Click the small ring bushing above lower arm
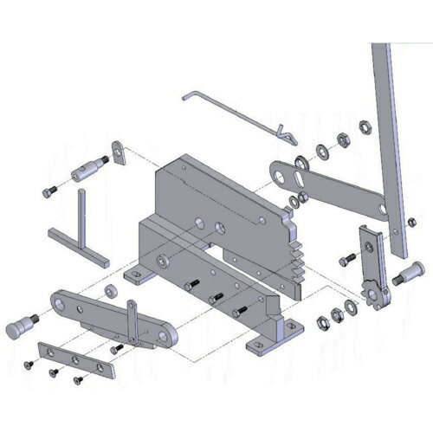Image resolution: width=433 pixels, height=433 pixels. [112, 288]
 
